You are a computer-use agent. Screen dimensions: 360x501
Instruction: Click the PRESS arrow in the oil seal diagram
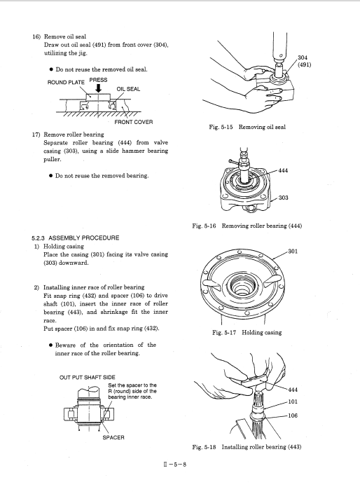tap(98, 88)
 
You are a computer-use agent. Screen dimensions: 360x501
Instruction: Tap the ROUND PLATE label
tap(66, 83)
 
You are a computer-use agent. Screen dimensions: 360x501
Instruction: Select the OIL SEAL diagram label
tap(128, 89)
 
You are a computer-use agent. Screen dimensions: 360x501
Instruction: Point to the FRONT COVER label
tap(134, 122)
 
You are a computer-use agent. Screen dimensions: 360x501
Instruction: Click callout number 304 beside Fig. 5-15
tap(302, 57)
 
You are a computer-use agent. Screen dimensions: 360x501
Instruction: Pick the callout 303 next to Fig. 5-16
tap(283, 198)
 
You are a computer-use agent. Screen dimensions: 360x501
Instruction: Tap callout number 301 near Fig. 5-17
tap(293, 252)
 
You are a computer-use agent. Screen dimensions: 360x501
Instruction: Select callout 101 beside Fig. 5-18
tap(293, 402)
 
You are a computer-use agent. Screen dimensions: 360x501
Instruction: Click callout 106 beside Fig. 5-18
tap(293, 416)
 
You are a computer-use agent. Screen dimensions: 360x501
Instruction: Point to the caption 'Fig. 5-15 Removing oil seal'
tap(247, 127)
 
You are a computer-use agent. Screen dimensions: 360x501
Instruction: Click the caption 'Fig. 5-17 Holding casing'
tap(247, 333)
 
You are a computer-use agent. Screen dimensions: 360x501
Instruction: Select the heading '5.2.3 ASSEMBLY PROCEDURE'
tap(76, 238)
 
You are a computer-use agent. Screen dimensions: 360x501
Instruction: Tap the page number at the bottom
tap(175, 465)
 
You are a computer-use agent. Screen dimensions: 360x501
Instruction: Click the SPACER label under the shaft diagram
tap(113, 437)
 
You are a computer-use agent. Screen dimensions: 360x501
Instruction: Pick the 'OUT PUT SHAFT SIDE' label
tap(88, 378)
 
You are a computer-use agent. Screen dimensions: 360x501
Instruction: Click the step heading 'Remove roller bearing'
tap(74, 135)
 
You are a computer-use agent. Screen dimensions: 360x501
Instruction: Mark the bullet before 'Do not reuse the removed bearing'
tap(50, 176)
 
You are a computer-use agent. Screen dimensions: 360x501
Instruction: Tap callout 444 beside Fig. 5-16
tap(283, 171)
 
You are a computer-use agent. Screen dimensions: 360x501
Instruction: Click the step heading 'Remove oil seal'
tap(65, 36)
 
